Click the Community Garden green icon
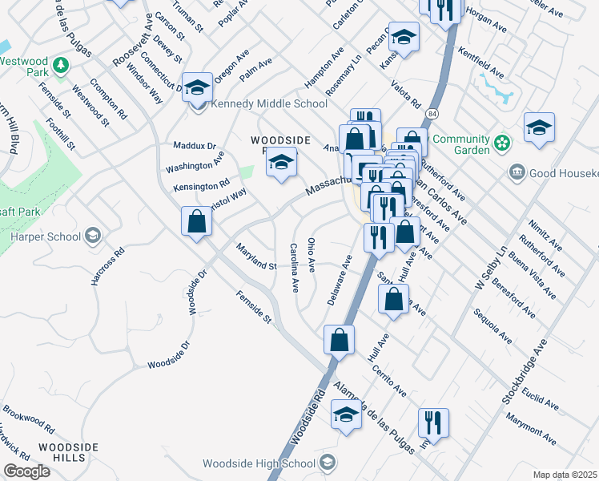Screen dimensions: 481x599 tap(502, 143)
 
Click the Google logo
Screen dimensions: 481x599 tap(26, 471)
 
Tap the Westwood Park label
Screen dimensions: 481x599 tap(25, 67)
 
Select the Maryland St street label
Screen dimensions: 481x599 tap(256, 256)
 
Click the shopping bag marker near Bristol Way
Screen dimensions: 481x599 tap(196, 222)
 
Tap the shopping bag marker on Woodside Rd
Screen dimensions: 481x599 tap(339, 339)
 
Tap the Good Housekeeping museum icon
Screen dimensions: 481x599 tap(517, 172)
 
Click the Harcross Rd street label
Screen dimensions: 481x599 tap(109, 262)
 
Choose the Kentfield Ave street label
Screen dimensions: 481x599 tap(480, 63)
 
